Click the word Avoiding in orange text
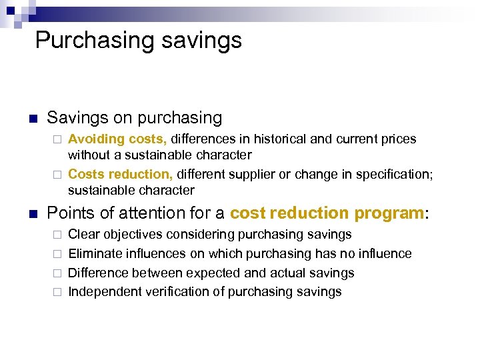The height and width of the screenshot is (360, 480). [x=96, y=139]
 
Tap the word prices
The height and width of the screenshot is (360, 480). [x=398, y=139]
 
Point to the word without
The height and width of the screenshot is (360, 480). [x=89, y=155]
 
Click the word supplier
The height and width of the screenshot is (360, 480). [x=251, y=174]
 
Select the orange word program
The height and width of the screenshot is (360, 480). [x=389, y=213]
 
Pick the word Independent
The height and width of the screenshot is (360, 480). [x=103, y=292]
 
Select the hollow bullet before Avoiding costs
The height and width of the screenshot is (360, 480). [x=57, y=140]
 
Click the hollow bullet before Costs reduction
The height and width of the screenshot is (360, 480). [x=57, y=175]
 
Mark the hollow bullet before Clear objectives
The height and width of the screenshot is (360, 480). [x=57, y=235]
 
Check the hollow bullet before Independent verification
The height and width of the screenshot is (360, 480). [x=57, y=293]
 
